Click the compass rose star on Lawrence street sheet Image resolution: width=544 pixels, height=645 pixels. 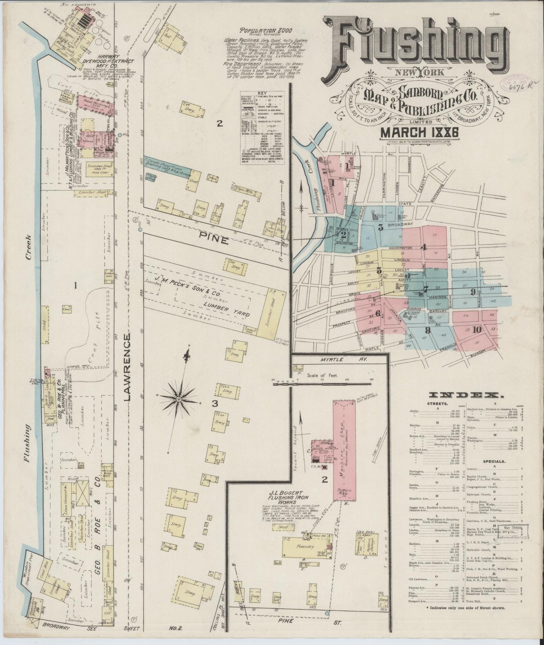179,398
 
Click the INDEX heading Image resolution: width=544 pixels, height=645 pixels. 466,395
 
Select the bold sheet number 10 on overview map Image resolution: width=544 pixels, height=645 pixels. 477,330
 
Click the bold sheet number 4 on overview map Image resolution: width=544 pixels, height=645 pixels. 423,247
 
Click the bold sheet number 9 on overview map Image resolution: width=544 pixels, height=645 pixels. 473,291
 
